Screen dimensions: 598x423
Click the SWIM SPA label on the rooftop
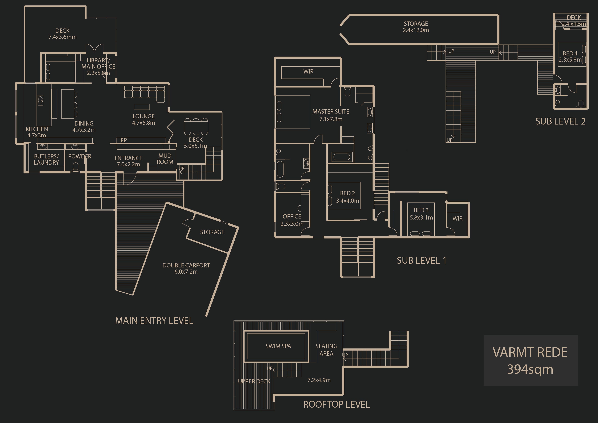(278, 346)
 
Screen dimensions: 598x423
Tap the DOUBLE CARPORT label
(186, 265)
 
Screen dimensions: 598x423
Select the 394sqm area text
(530, 369)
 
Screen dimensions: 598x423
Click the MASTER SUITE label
(331, 112)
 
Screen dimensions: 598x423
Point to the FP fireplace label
(124, 140)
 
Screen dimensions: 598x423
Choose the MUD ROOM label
(165, 159)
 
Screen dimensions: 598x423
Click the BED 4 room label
(570, 53)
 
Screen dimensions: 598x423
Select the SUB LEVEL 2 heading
(560, 121)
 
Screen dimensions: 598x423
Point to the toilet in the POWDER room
(76, 167)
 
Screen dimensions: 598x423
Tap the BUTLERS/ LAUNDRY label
(46, 159)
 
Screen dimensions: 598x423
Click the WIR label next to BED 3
(457, 218)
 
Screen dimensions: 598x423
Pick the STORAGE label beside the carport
(212, 232)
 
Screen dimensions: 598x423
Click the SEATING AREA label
(326, 350)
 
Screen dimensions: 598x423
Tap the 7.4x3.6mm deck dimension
(63, 37)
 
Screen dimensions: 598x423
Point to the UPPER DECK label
(254, 381)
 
